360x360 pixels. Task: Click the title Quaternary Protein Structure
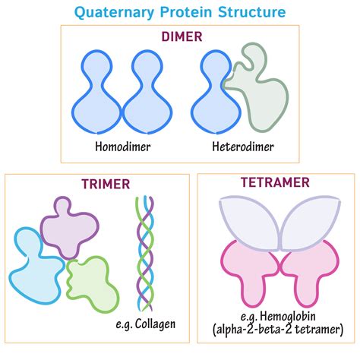[179, 12]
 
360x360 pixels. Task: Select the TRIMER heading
[106, 184]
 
